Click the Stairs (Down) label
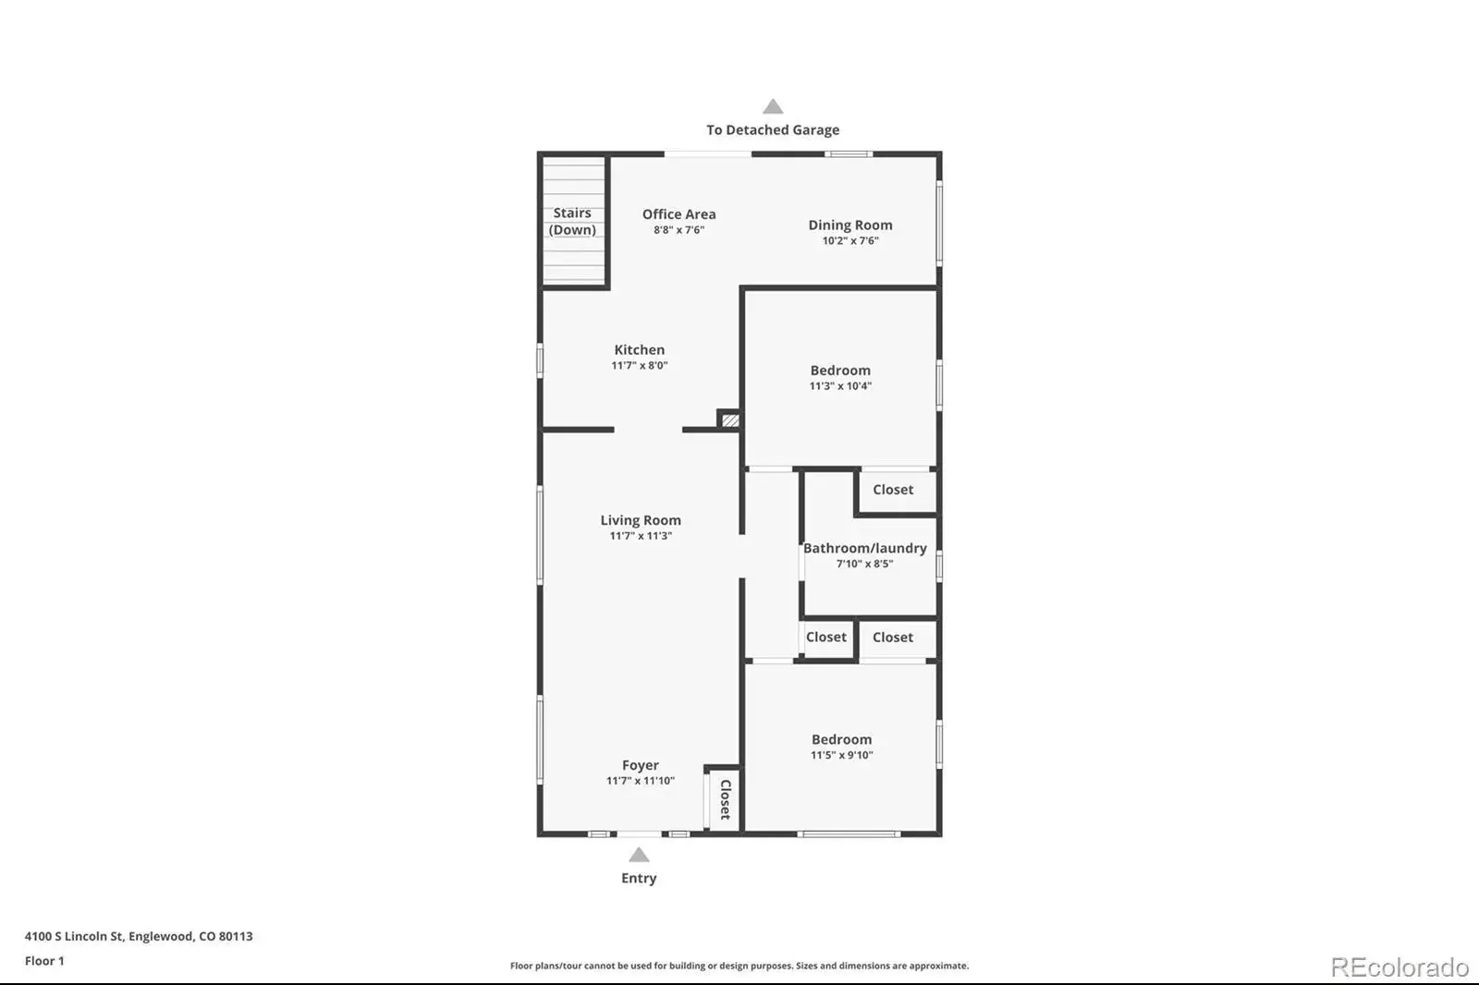(x=572, y=221)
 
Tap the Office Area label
(x=678, y=213)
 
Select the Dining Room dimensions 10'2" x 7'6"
(x=850, y=240)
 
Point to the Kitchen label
(x=639, y=349)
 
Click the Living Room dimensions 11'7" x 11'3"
(x=641, y=535)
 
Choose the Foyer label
(x=641, y=765)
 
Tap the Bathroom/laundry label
(x=865, y=548)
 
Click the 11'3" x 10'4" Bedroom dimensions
(x=840, y=385)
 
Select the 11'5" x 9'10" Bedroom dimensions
(x=842, y=755)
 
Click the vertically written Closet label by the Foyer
(x=725, y=799)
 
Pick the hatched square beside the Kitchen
(x=730, y=420)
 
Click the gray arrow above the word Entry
(x=639, y=855)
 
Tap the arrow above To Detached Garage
(x=773, y=106)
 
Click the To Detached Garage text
(x=773, y=130)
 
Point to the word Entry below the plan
(x=639, y=878)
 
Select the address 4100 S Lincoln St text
(x=74, y=936)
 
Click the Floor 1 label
(x=44, y=961)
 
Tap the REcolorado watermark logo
(x=1400, y=967)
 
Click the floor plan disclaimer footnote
(x=739, y=966)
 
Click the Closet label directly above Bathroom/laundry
(x=893, y=489)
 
